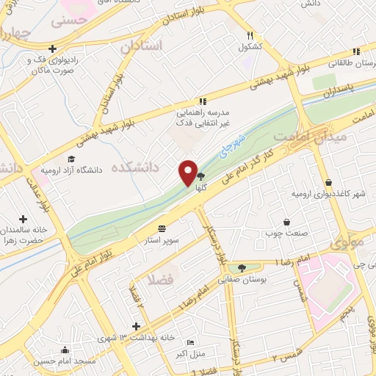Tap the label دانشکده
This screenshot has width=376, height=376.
coord(134,168)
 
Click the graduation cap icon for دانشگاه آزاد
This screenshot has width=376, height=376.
coord(70,159)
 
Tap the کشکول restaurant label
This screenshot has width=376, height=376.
coord(250,48)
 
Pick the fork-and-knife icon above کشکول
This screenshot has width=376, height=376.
coord(250,35)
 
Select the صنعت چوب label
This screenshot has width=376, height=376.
coord(286,234)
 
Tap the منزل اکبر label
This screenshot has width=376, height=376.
coord(192,355)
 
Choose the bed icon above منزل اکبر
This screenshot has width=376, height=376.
coord(192,343)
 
